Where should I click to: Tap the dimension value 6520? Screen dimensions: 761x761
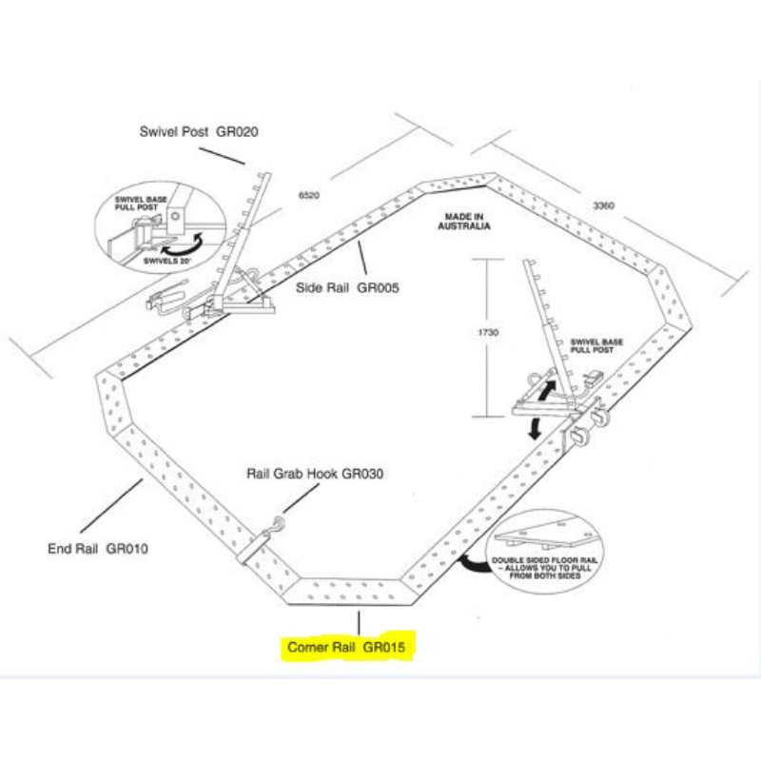click(x=309, y=195)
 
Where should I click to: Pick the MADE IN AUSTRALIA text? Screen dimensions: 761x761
click(x=464, y=223)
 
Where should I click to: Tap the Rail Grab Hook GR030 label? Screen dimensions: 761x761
click(x=315, y=473)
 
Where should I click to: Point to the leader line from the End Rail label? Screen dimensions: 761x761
click(x=112, y=506)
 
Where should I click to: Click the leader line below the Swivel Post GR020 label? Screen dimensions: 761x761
click(x=224, y=154)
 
